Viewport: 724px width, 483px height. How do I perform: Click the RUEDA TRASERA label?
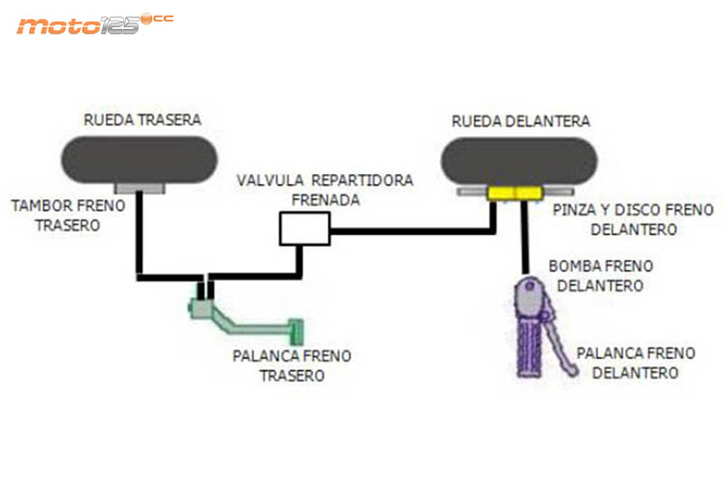coord(142,120)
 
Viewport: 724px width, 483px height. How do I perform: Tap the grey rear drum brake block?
coord(138,188)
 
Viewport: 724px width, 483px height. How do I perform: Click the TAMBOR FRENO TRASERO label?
coord(68,216)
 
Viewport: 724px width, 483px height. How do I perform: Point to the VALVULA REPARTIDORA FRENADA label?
coord(325,188)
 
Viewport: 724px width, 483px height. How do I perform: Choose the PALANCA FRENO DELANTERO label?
coord(635,362)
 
